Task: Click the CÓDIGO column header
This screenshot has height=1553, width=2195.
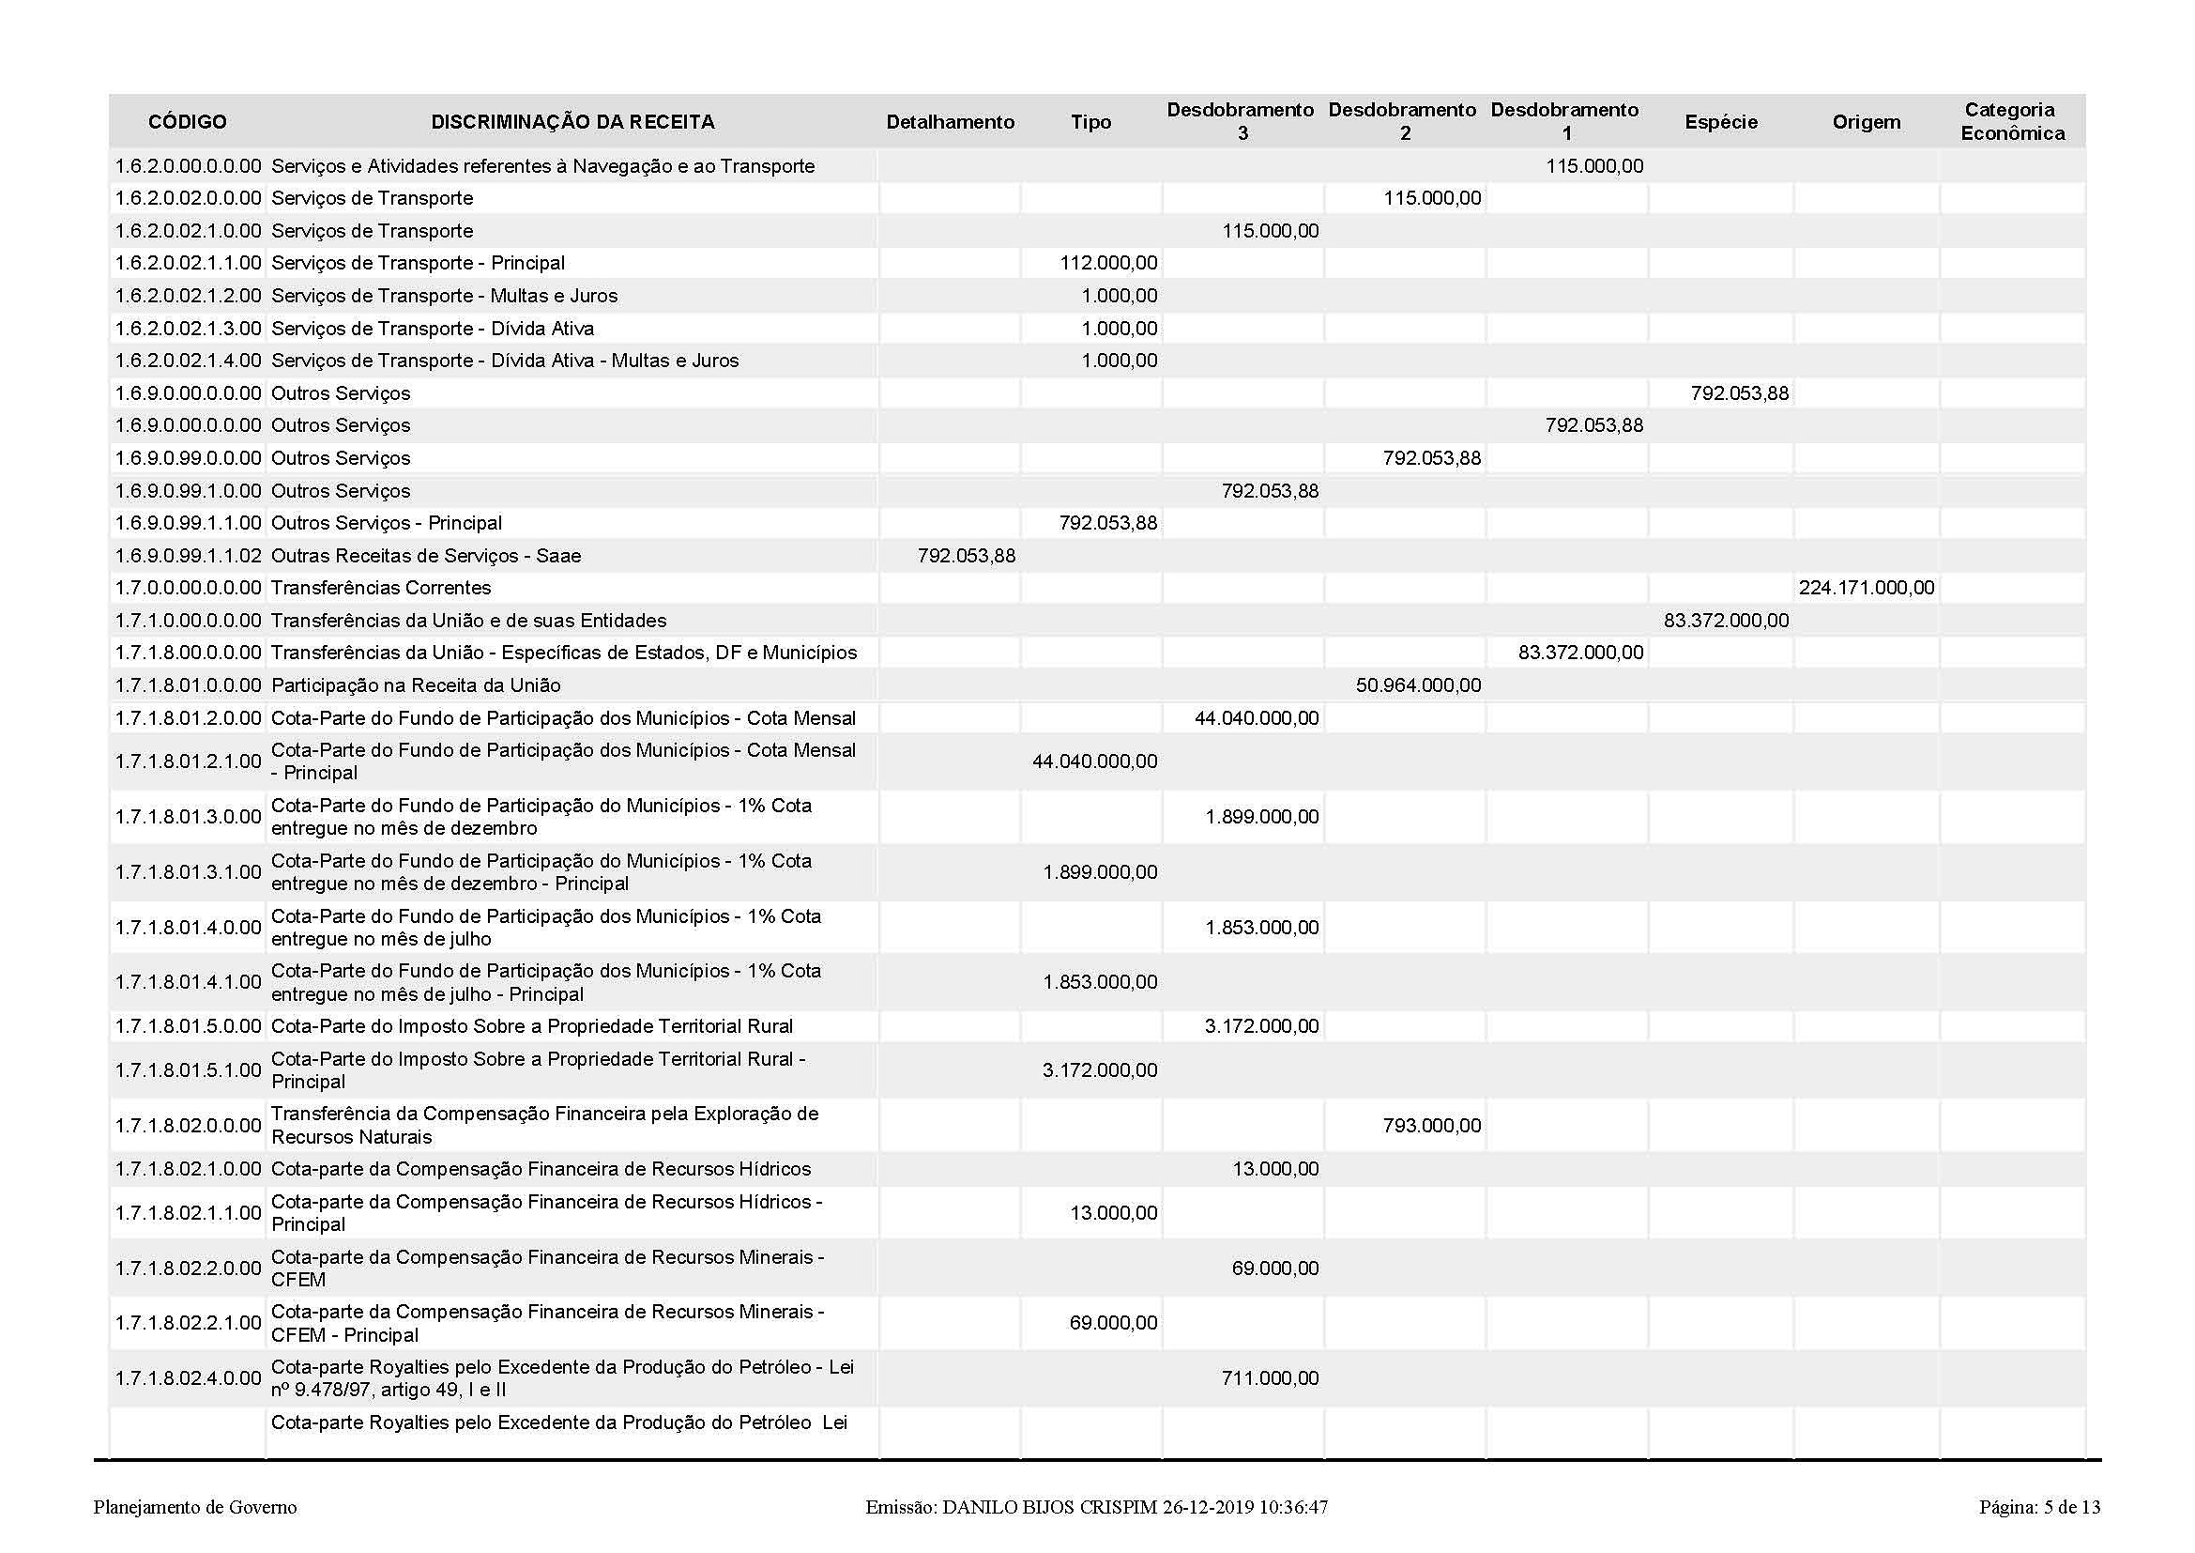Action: (188, 121)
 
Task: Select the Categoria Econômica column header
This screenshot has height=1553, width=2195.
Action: (2011, 121)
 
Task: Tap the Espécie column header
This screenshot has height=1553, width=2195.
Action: (1721, 121)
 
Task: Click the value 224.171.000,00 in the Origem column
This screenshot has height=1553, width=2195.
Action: (1867, 588)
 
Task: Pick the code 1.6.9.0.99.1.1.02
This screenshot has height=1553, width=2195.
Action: (188, 556)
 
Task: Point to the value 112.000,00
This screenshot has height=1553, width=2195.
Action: (1108, 263)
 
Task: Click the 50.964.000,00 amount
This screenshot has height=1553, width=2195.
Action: (1418, 685)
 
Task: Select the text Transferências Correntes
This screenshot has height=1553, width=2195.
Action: (380, 588)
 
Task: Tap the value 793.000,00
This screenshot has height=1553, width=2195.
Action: (1431, 1126)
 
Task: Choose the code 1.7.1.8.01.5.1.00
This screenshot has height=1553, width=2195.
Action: (188, 1070)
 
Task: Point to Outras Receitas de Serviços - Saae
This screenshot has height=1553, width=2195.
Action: (425, 556)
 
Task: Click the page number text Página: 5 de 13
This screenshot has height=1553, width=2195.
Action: (2039, 1507)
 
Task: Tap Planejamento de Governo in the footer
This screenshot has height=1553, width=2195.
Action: (195, 1507)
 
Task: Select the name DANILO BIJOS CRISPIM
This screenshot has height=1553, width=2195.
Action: (1049, 1507)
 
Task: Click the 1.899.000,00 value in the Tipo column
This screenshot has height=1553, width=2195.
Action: (1100, 872)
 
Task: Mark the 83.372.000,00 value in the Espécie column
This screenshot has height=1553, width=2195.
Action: (1726, 621)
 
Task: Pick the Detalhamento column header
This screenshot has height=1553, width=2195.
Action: (950, 121)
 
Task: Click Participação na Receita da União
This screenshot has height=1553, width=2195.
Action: (416, 685)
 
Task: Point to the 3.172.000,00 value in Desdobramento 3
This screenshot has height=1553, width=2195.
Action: (1261, 1026)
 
